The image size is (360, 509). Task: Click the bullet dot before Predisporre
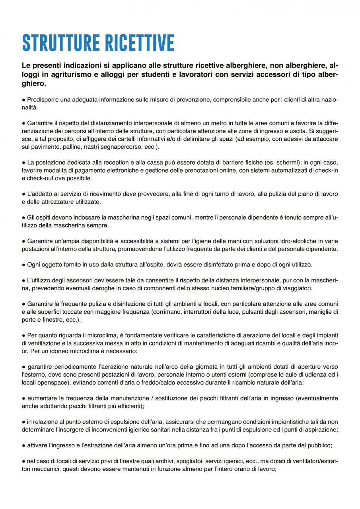pos(23,99)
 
